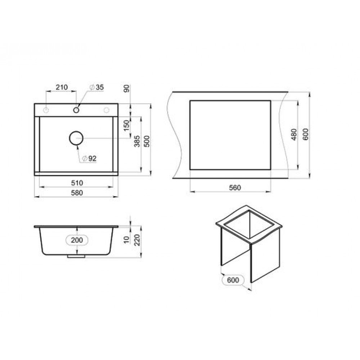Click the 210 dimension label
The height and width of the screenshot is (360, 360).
click(62, 87)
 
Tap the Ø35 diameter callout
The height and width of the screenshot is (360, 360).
click(96, 87)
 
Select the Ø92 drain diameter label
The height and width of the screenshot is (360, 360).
click(89, 158)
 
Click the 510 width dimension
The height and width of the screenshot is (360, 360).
click(77, 183)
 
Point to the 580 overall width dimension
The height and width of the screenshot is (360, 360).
click(77, 193)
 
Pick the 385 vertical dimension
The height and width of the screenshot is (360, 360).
click(137, 141)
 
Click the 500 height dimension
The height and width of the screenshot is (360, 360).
click(147, 141)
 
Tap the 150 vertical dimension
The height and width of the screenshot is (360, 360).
click(127, 126)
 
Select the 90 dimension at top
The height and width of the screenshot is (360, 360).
click(127, 89)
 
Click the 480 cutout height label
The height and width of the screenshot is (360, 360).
click(294, 135)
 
